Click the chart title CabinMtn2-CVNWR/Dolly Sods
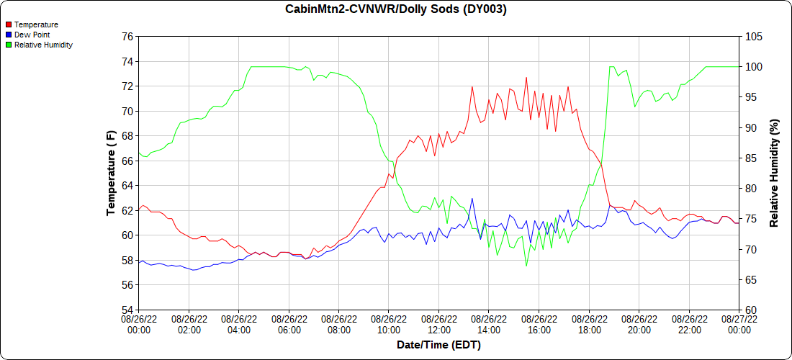(396, 9)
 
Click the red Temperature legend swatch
(8, 24)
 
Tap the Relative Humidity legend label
(43, 45)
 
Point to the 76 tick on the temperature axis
(127, 36)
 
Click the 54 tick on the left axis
(127, 310)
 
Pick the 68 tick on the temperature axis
(127, 136)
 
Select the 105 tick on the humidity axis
(754, 36)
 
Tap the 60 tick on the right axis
(751, 310)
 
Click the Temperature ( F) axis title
(111, 173)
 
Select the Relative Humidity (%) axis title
(775, 173)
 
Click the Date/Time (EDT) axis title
(438, 346)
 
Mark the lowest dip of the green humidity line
(526, 266)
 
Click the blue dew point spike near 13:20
(472, 199)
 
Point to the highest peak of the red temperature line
(526, 77)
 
